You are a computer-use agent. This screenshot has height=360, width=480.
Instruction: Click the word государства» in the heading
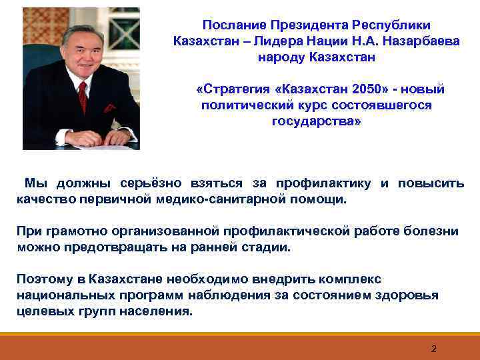[316, 121]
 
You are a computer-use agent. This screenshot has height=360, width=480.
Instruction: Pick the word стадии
[269, 247]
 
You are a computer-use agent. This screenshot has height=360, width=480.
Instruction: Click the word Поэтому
[45, 279]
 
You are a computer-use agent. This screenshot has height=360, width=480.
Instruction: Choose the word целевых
[43, 311]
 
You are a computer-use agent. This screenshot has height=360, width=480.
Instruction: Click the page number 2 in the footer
[433, 349]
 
